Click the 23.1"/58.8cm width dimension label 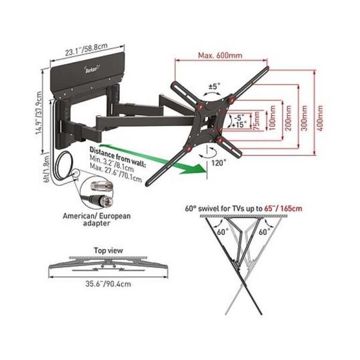(x=86, y=49)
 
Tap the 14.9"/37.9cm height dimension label (x=39, y=113)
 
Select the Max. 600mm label (x=220, y=55)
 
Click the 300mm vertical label (x=305, y=118)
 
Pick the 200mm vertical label (x=288, y=118)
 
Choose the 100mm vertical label (x=272, y=118)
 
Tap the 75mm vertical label (x=257, y=120)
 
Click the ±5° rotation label (x=214, y=86)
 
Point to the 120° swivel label (x=219, y=163)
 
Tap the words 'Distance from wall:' (x=117, y=157)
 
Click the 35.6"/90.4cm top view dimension (x=108, y=284)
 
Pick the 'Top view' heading (x=108, y=250)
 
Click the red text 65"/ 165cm (x=283, y=209)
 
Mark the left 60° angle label (x=222, y=232)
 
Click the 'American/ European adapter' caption (x=97, y=219)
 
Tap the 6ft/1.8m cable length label (x=46, y=169)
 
